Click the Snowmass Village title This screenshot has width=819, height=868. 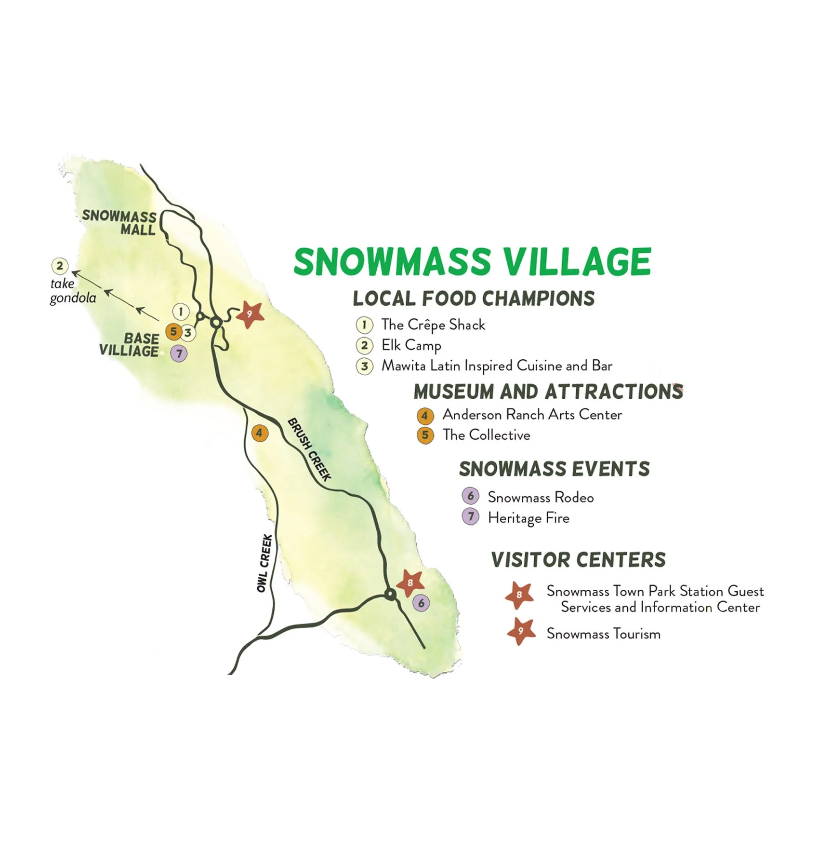tap(472, 262)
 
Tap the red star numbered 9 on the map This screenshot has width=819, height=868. tap(250, 314)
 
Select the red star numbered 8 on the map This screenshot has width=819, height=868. tap(410, 583)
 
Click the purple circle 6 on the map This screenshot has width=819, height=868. tap(422, 603)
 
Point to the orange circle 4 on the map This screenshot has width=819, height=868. tap(260, 433)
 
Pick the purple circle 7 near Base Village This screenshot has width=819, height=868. tap(179, 353)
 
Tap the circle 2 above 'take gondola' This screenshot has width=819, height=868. tap(60, 266)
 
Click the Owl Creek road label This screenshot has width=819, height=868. tap(264, 563)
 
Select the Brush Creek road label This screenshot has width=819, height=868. tap(309, 449)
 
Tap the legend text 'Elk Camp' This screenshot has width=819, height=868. tap(411, 345)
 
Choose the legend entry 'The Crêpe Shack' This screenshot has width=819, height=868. tap(433, 325)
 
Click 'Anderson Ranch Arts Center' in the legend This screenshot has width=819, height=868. tap(532, 415)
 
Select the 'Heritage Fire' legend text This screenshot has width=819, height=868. tap(528, 518)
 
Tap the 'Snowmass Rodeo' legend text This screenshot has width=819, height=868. tap(541, 497)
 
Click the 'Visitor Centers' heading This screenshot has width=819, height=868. tap(578, 560)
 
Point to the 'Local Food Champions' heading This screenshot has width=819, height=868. tap(474, 298)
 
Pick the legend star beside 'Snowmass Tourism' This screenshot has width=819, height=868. tap(521, 632)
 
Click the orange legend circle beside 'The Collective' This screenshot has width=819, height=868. tap(425, 435)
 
